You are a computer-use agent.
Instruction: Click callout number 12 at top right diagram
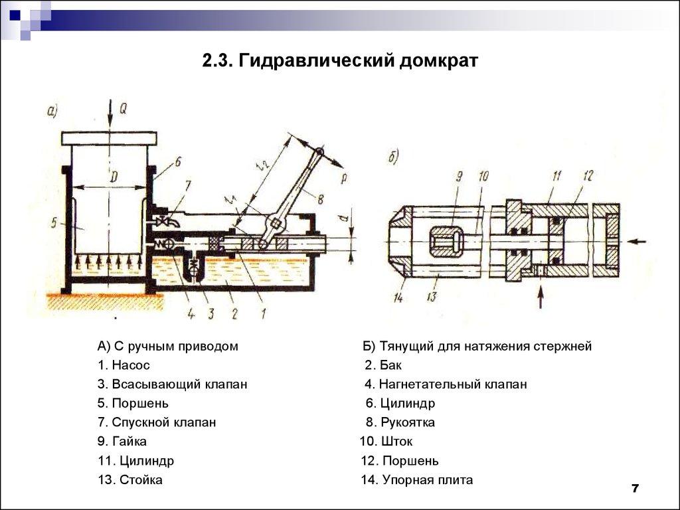click(586, 176)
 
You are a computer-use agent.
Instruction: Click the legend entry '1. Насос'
click(124, 365)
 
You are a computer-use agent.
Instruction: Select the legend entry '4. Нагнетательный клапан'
click(445, 384)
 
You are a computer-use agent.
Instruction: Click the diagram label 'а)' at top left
click(53, 112)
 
